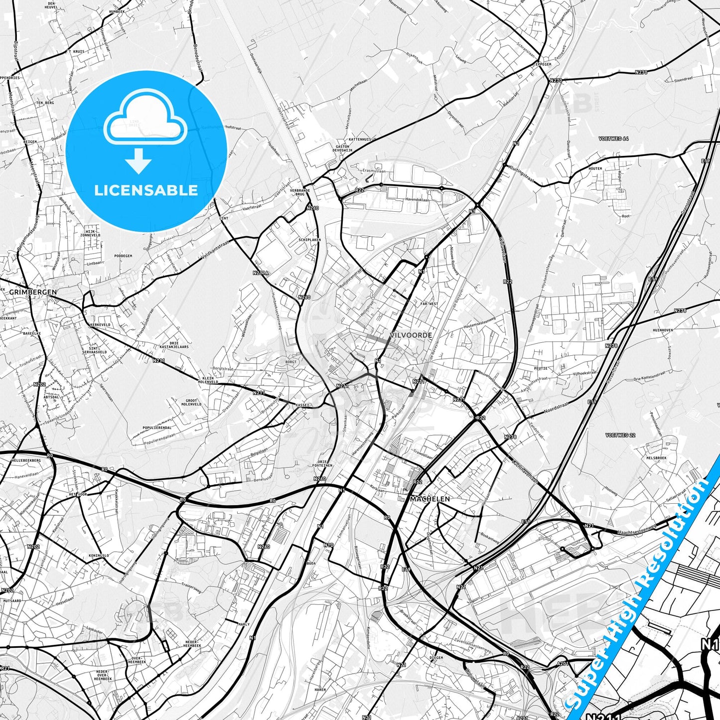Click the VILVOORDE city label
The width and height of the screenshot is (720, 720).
[x=412, y=335]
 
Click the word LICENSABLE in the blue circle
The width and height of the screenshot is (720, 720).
[x=146, y=190]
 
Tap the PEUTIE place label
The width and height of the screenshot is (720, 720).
[x=541, y=368]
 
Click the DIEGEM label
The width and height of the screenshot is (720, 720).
[x=436, y=658]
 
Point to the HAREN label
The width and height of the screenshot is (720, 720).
[x=320, y=690]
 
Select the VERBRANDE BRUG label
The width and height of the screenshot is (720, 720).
[x=300, y=192]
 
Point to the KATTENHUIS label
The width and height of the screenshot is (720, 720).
[x=359, y=140]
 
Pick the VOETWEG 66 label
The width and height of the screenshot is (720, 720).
[x=614, y=139]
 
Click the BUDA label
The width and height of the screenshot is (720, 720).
[x=311, y=563]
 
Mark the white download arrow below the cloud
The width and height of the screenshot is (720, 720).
[x=139, y=161]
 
